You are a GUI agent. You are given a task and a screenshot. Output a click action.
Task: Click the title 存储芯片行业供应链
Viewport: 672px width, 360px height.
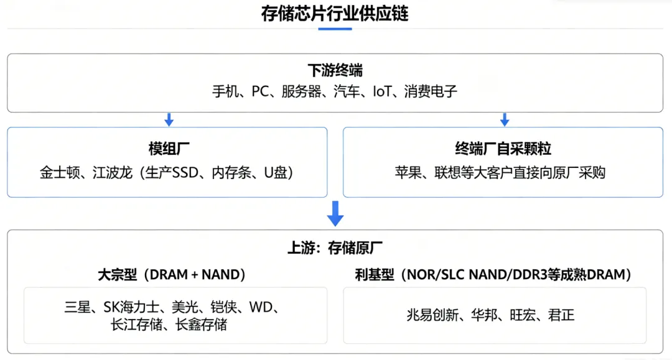[335, 14]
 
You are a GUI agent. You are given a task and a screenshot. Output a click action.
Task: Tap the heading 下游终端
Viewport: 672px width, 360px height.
[335, 70]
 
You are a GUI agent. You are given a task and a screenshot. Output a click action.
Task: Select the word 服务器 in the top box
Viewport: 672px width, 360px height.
[301, 91]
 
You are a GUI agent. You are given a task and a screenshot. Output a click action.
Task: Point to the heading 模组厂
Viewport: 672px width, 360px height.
[169, 149]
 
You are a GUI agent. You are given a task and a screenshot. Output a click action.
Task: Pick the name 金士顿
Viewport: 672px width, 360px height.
[60, 172]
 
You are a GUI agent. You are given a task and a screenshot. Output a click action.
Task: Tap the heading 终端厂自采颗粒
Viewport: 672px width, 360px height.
[503, 149]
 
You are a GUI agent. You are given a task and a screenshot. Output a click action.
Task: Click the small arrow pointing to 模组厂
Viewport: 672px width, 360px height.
[169, 120]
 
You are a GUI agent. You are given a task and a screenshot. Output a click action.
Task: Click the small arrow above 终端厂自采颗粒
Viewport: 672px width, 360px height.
[505, 120]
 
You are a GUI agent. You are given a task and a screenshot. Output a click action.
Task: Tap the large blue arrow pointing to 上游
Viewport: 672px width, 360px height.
[335, 214]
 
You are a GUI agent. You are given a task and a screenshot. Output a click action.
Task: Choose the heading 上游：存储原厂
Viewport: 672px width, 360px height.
[335, 248]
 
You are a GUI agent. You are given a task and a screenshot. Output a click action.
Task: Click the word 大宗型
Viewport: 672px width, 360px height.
[118, 274]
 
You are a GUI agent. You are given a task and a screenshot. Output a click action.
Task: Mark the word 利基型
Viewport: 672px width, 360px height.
[375, 274]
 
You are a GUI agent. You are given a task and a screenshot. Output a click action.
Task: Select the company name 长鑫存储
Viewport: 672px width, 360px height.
[201, 325]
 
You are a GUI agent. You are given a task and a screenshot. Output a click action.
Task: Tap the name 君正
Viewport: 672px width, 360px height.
[561, 315]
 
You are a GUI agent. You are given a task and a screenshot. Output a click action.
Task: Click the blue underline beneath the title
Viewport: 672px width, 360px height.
[335, 29]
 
